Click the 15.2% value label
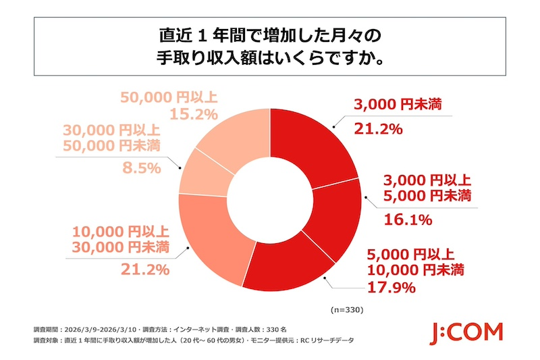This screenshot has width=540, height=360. coord(142,114)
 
